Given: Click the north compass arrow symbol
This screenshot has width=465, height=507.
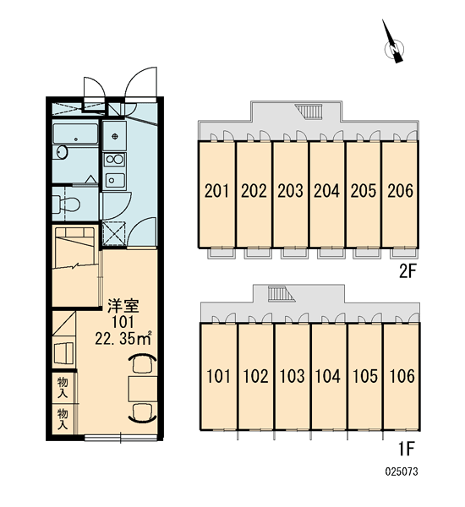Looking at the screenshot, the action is click(393, 41).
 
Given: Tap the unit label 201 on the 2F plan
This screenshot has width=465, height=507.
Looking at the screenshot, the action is click(216, 191).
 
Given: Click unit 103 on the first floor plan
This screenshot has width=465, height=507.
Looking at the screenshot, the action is click(292, 376).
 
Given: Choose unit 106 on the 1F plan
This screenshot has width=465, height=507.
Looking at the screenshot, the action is click(402, 376).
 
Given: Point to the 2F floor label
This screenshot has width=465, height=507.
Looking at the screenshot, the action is click(407, 271).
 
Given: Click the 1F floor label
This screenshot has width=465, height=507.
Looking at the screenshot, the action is click(406, 449).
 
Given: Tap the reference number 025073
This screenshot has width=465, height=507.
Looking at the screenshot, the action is click(402, 472).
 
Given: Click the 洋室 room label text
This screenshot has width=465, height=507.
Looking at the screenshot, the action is click(123, 306).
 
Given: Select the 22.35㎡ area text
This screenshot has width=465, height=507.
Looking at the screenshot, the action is click(123, 338).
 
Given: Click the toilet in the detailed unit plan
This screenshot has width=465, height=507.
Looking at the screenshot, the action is click(66, 204).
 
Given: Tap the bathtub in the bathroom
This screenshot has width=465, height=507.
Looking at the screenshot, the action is click(75, 134).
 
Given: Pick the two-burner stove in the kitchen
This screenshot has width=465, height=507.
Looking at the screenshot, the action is click(114, 160).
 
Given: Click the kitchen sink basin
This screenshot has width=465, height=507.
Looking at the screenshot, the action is click(115, 180).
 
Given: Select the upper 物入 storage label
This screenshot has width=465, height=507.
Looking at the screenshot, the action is click(63, 387).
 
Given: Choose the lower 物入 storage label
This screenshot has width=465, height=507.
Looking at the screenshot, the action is click(63, 419).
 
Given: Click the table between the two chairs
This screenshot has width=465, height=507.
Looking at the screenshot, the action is click(143, 389).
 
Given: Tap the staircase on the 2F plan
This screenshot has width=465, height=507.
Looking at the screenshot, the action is click(309, 112).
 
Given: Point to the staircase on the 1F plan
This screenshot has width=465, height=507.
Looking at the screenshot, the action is click(282, 294).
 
